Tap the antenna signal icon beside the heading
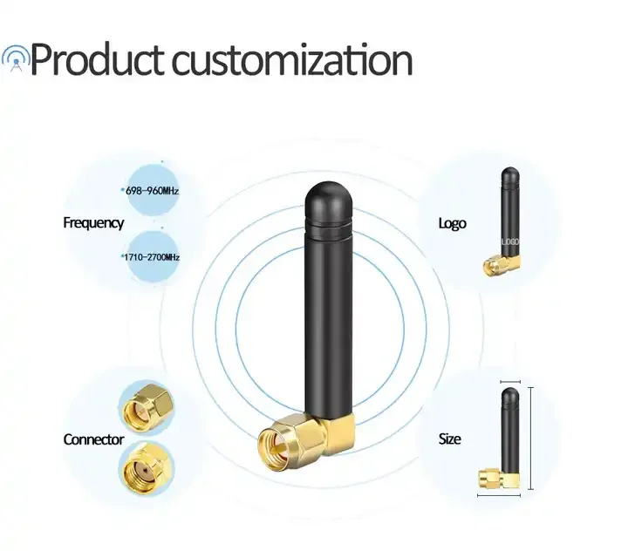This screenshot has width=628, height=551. click(x=15, y=58)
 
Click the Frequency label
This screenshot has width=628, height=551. click(x=93, y=223)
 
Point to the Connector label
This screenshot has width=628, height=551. click(x=93, y=439)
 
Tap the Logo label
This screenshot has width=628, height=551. click(x=452, y=223)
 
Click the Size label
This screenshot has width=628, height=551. click(x=449, y=439)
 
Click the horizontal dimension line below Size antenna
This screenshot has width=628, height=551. click(x=499, y=497)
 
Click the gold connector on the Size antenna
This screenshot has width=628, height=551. click(x=496, y=478)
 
